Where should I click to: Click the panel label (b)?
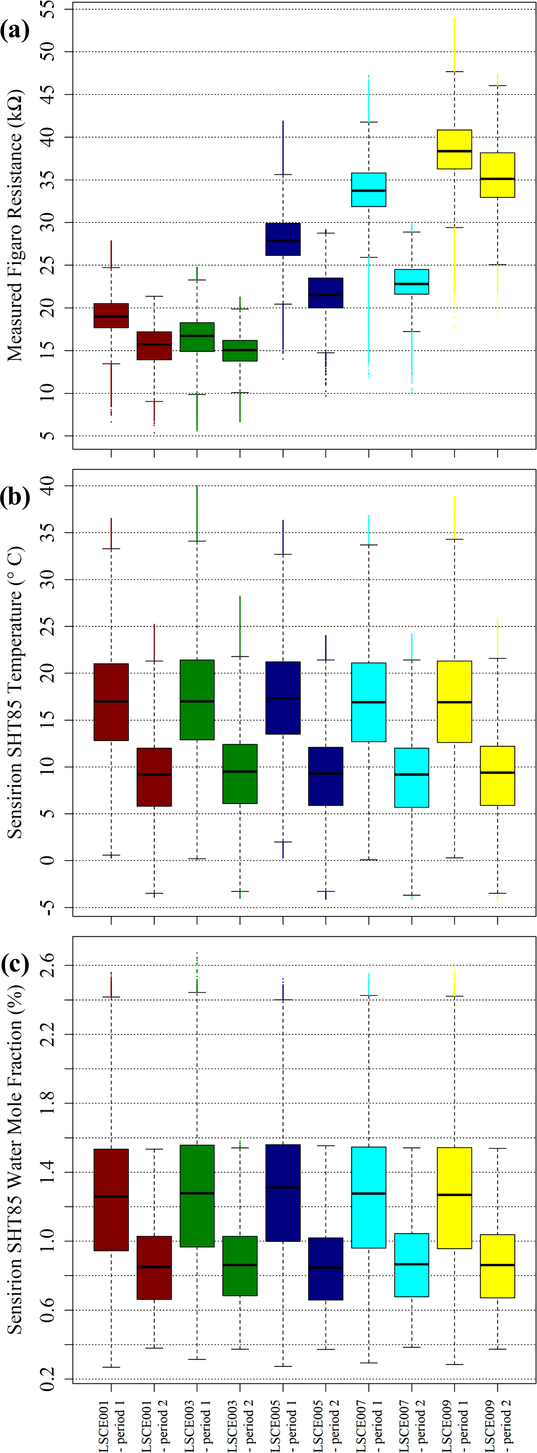15,497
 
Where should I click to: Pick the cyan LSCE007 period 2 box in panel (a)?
411,282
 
